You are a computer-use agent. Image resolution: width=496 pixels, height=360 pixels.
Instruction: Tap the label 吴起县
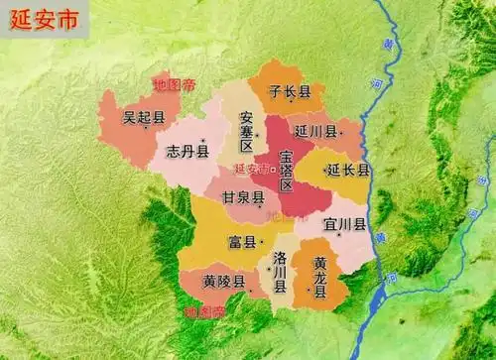coord(143,117)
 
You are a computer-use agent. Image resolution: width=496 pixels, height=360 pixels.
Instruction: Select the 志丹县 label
coord(187,152)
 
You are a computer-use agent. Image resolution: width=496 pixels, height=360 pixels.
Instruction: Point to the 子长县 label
coord(292,92)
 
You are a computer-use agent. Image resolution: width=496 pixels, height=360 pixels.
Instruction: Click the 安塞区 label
coord(247,132)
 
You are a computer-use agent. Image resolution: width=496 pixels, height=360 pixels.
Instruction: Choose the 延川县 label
coord(315,130)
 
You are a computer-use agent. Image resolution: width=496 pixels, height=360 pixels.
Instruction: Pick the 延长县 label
coord(348,171)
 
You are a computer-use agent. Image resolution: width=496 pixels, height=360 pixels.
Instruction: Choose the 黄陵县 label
coord(223,282)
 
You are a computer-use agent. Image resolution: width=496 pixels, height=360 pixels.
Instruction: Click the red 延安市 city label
coord(249,169)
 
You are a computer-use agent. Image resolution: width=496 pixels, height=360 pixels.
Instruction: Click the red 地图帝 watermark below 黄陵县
coord(204,312)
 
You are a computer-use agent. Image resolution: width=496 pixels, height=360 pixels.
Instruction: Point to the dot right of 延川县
coord(340,130)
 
